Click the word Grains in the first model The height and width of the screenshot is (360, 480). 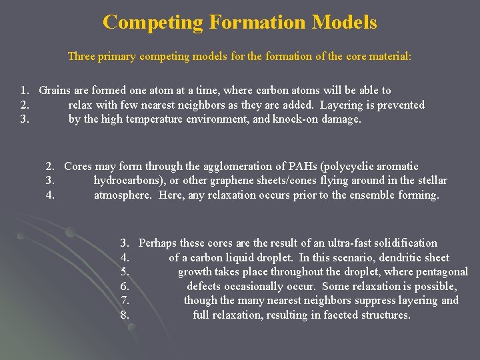click(55, 91)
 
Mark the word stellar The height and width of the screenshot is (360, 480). click(431, 181)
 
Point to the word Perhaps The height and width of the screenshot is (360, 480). click(158, 243)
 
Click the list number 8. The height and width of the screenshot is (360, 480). click(125, 315)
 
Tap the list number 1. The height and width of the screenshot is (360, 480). click(24, 91)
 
